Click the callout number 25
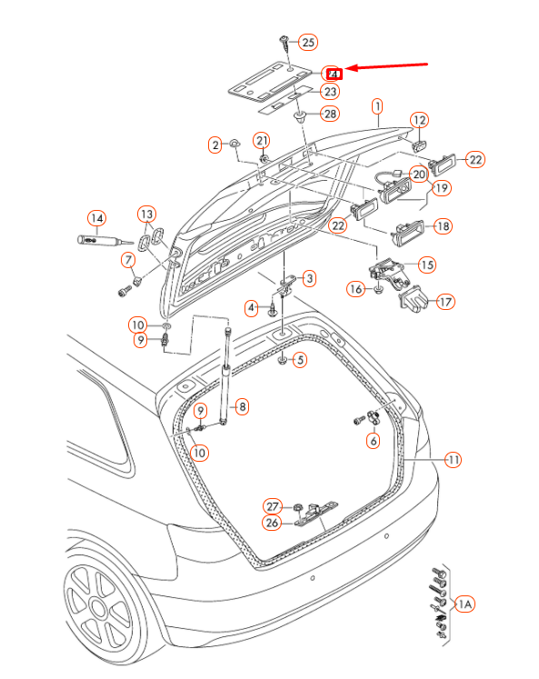point(307,42)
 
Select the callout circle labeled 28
point(329,114)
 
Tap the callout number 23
point(329,92)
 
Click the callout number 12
point(418,120)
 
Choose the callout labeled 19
point(442,188)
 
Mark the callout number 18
point(443,226)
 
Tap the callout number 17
point(445,302)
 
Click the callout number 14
point(96,218)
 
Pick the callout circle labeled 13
point(146,214)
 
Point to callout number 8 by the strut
point(242,406)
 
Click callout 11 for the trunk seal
point(453,460)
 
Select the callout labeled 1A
point(464,604)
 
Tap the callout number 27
point(273,505)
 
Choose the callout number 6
point(373,441)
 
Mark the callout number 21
point(262,140)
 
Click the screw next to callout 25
point(284,41)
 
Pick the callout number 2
point(215,145)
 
